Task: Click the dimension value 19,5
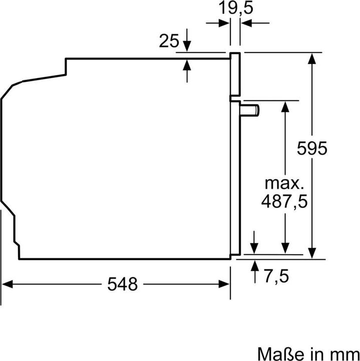point(235,10)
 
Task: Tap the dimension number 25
point(169,41)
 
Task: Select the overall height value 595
point(311,148)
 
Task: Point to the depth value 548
point(122,284)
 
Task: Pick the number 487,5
point(285,201)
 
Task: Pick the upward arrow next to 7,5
point(255,266)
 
